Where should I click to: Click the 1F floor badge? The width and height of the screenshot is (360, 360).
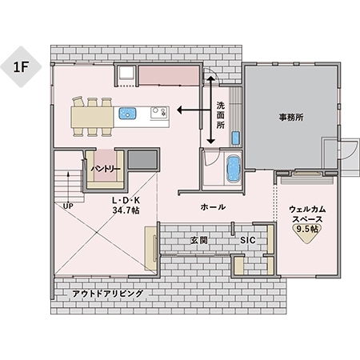tap(21, 66)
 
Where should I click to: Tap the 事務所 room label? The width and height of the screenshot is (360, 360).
tap(290, 117)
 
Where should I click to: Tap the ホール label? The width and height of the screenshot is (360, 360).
tap(212, 206)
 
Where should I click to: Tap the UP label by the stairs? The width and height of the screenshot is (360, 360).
tap(68, 205)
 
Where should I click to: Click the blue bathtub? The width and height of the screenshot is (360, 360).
tap(233, 169)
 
